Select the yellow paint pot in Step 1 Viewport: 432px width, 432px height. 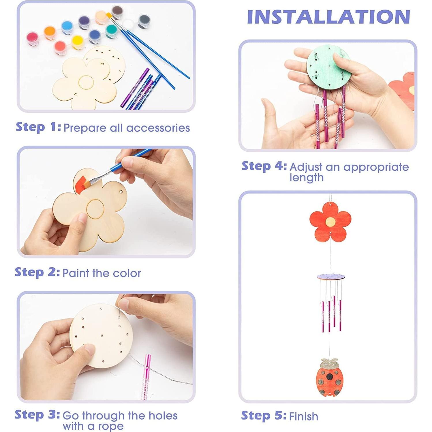pyautogui.click(x=78, y=41)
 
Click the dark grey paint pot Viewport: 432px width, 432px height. pyautogui.click(x=144, y=20)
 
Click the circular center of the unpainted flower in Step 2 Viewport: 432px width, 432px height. pyautogui.click(x=95, y=208)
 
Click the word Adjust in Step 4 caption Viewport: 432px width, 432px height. pyautogui.click(x=306, y=167)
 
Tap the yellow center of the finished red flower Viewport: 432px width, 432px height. pyautogui.click(x=330, y=222)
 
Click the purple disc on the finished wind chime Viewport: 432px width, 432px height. pyautogui.click(x=331, y=277)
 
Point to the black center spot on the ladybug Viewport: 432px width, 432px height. pyautogui.click(x=329, y=376)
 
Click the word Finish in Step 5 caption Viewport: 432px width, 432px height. pyautogui.click(x=303, y=416)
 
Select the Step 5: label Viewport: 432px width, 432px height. pyautogui.click(x=264, y=416)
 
